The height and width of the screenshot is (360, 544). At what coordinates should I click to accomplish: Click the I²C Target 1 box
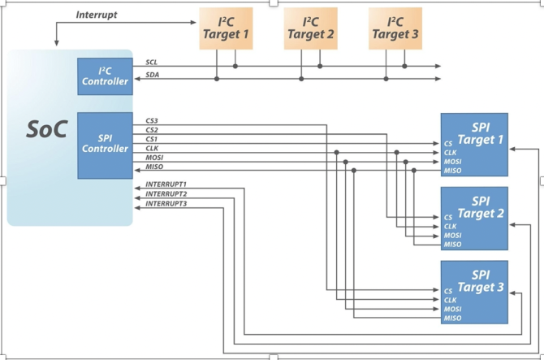(226, 28)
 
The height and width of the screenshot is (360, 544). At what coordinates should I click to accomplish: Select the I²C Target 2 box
(310, 28)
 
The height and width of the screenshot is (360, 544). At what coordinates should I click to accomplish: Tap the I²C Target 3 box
(395, 28)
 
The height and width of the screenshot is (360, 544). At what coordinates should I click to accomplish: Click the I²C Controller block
(105, 76)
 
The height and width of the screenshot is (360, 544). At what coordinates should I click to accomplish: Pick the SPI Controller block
(105, 145)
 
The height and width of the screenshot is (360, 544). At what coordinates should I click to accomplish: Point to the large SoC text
(47, 129)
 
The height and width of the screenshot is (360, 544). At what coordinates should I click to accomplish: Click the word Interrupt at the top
(97, 15)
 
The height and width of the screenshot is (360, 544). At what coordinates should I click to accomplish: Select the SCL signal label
(152, 62)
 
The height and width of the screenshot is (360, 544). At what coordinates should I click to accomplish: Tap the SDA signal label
(153, 75)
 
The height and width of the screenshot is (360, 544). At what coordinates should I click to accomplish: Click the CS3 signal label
(152, 121)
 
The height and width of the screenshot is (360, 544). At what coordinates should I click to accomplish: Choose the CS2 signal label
(152, 130)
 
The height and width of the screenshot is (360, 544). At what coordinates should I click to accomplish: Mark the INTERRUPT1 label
(166, 184)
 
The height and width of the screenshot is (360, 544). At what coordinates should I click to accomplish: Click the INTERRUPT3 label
(166, 203)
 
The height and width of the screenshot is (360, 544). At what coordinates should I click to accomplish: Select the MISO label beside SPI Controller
(154, 167)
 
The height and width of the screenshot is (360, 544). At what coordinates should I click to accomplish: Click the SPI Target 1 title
(481, 133)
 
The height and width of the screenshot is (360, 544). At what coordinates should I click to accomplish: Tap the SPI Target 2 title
(481, 207)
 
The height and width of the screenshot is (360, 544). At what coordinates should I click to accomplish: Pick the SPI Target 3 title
(481, 281)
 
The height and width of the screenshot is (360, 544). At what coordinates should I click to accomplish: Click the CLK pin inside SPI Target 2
(451, 227)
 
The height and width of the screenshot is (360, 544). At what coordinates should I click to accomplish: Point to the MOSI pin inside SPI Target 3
(453, 309)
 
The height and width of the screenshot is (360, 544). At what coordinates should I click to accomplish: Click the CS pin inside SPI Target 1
(448, 143)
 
